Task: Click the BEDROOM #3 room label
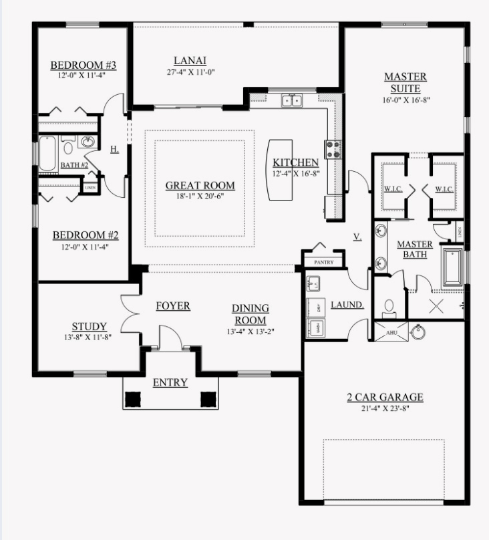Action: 84,65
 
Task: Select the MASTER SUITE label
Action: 405,82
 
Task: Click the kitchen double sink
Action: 291,101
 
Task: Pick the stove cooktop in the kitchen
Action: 332,149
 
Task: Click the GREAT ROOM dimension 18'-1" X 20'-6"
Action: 200,196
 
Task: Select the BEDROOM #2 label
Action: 86,235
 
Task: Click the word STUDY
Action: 90,327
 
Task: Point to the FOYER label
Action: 173,306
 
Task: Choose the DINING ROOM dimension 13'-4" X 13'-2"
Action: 251,330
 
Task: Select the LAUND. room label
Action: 347,305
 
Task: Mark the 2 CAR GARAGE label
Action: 384,398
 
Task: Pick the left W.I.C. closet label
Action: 391,189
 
